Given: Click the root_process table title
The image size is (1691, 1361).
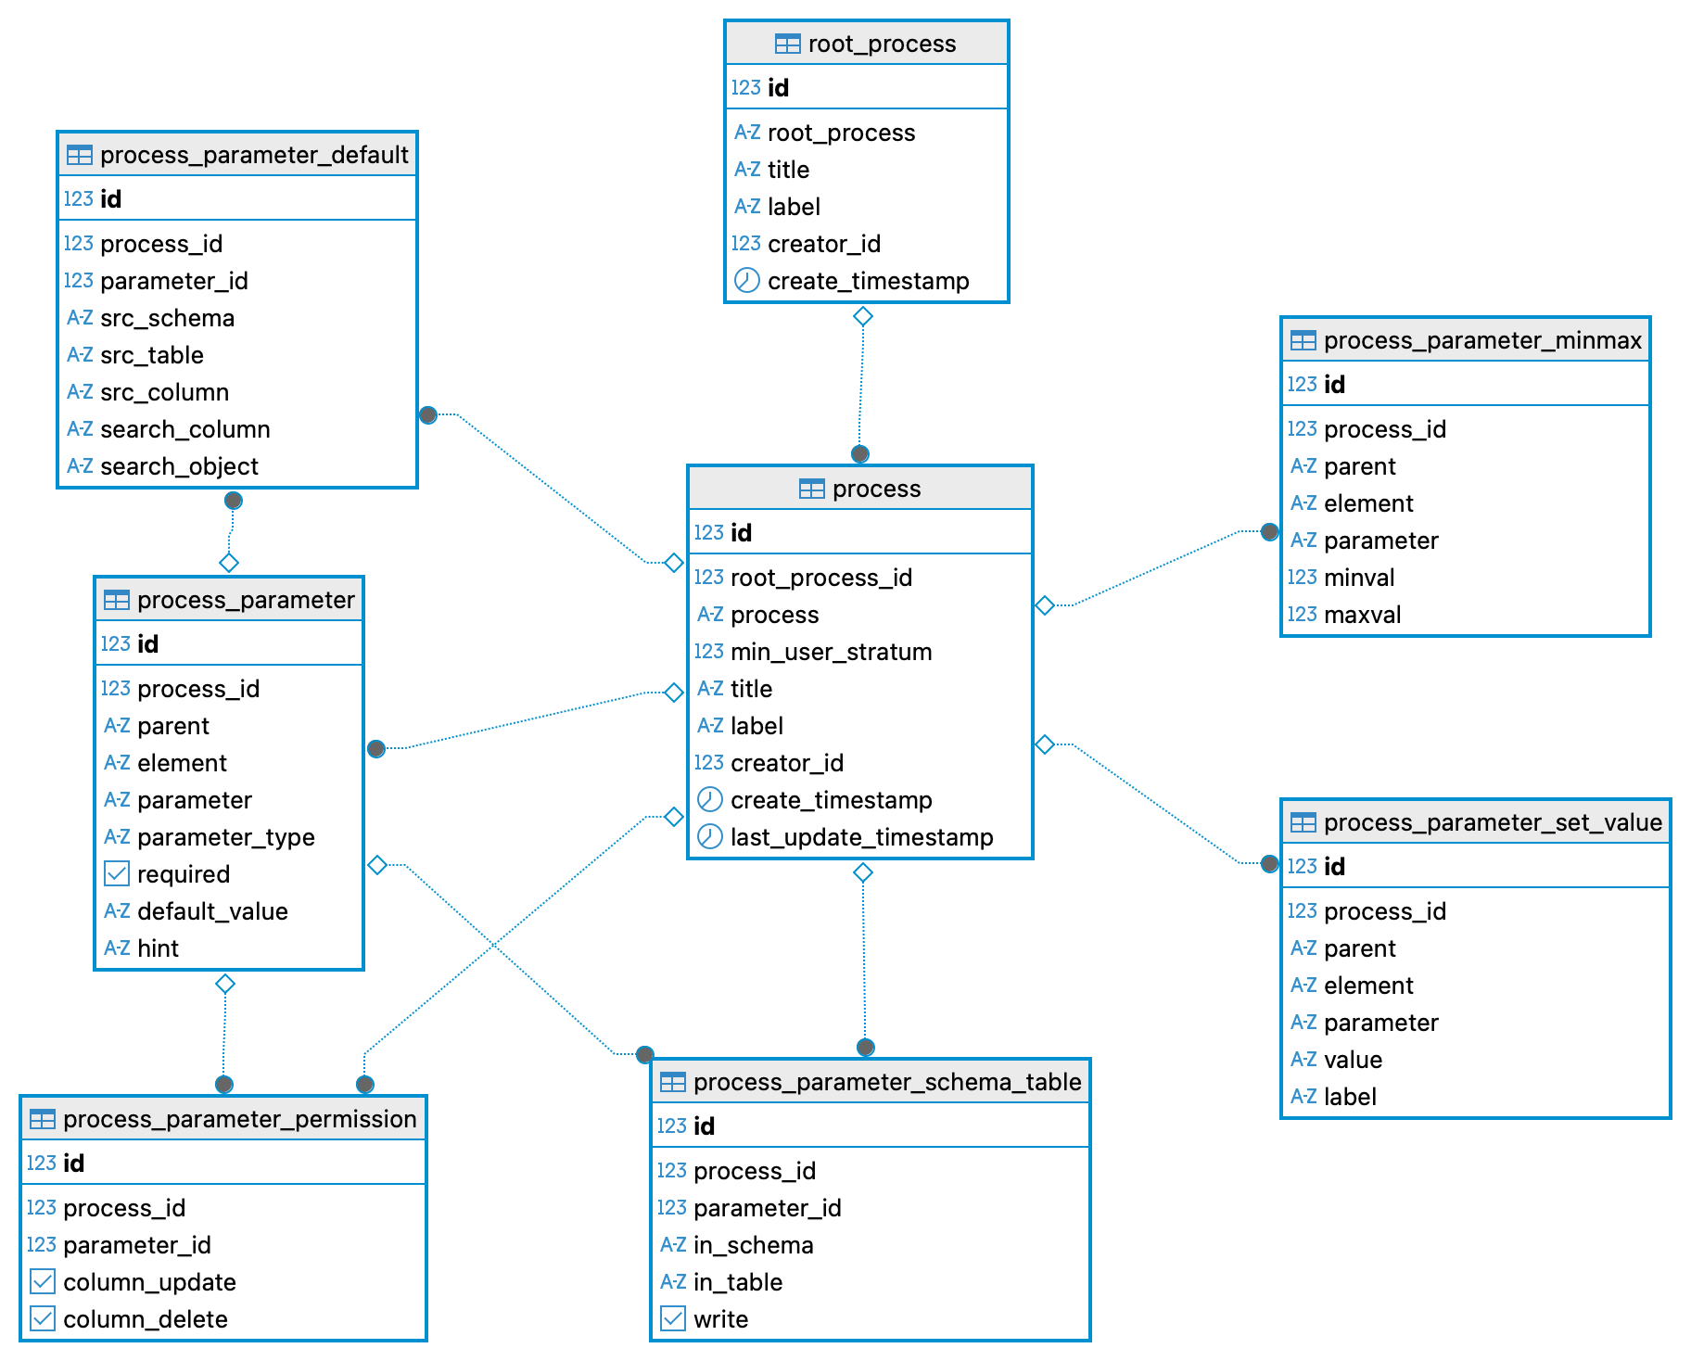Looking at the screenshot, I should [881, 44].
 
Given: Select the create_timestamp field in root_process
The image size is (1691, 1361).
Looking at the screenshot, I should [868, 281].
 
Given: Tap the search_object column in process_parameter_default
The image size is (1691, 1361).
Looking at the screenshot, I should [179, 466].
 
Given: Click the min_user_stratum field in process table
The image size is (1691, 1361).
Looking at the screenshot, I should [831, 652].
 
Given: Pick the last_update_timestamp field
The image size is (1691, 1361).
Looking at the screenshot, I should [861, 837].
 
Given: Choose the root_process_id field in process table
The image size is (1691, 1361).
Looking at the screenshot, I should [821, 578].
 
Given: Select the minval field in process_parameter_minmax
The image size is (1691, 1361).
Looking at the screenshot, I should [1359, 578].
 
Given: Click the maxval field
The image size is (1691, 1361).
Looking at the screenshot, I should [1362, 615].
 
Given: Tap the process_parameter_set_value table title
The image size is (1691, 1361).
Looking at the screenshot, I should [1492, 822].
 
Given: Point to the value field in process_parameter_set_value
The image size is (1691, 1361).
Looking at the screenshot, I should [1353, 1060].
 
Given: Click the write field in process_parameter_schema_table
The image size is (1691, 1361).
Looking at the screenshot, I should [720, 1319].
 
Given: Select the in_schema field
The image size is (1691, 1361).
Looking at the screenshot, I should [753, 1245].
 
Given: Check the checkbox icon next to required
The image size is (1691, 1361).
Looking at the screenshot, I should [117, 873].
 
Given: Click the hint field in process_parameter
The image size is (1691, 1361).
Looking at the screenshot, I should [158, 948].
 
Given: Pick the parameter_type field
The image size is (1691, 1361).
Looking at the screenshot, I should [225, 837].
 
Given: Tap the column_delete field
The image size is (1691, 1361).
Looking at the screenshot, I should [145, 1319].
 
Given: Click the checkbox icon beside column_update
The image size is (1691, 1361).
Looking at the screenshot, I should [43, 1281].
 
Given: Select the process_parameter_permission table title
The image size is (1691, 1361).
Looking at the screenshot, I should [239, 1119].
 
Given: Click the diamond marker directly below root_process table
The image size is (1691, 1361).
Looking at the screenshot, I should [863, 316].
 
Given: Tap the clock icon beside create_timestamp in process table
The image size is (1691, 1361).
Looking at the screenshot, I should [709, 799].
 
